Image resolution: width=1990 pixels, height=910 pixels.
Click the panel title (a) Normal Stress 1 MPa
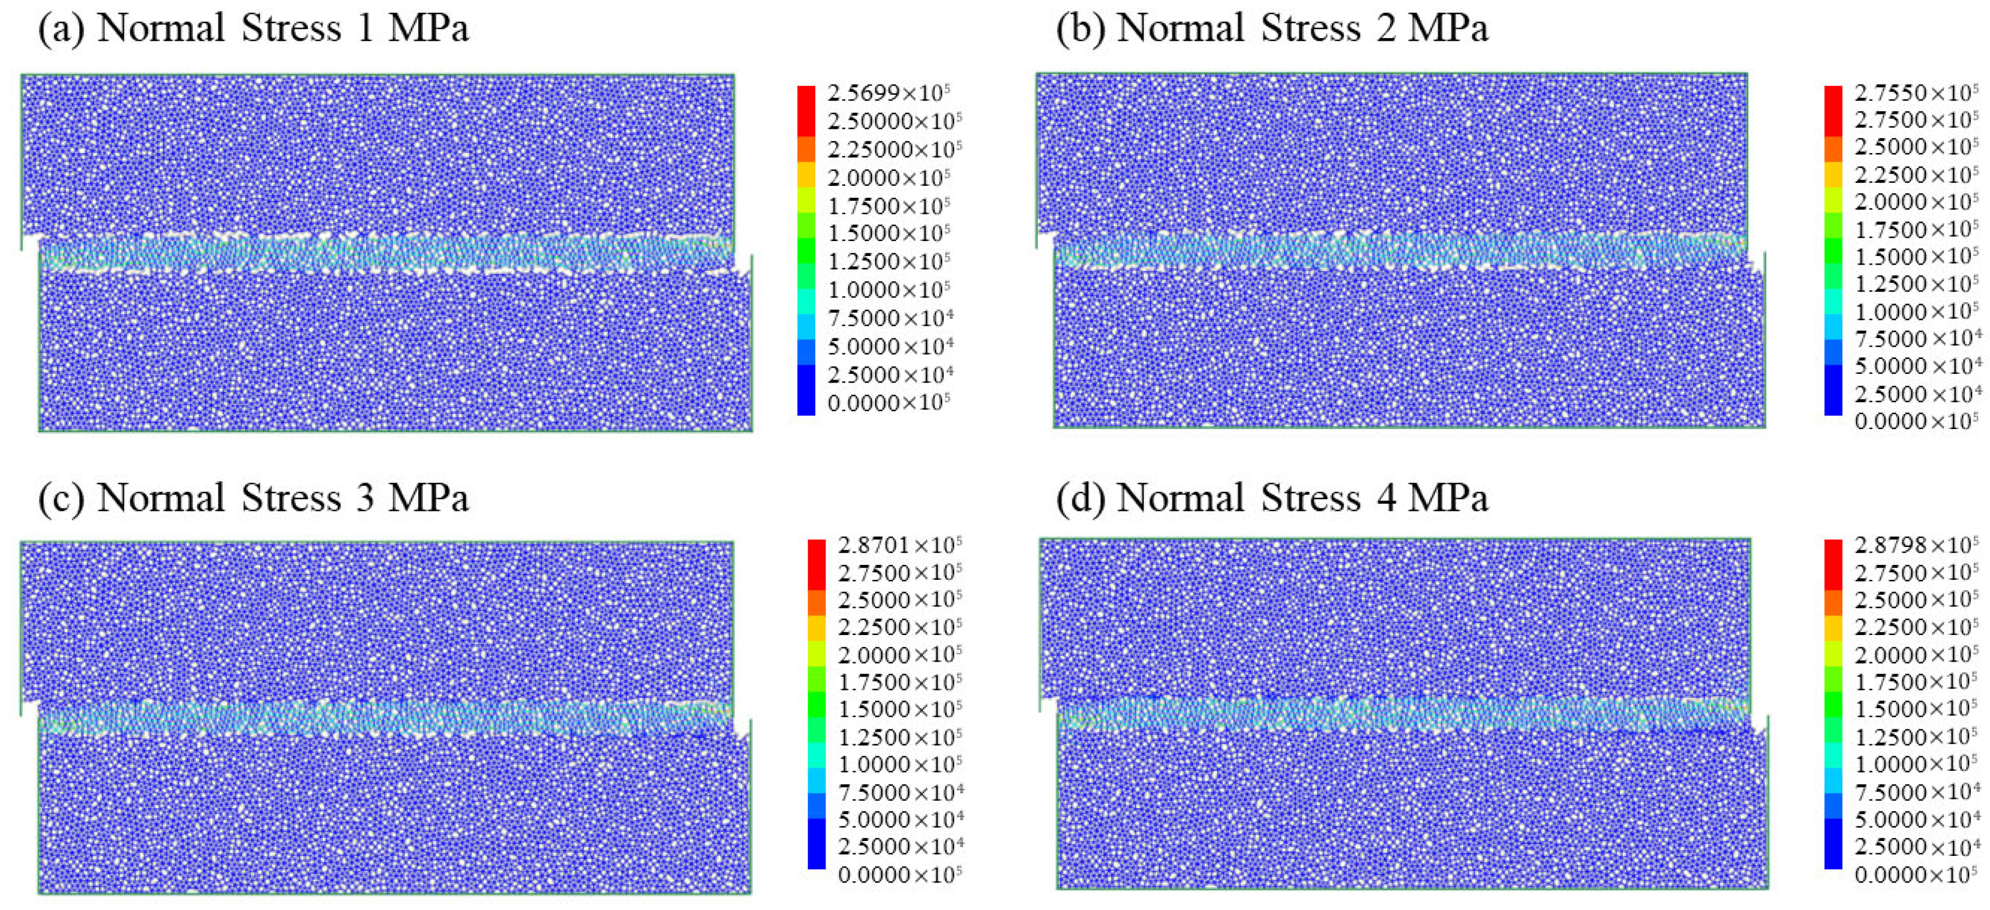tap(253, 29)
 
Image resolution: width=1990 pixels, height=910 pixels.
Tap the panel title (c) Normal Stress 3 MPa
tap(253, 497)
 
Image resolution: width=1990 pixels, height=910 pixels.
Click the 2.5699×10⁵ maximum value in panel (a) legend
tap(888, 93)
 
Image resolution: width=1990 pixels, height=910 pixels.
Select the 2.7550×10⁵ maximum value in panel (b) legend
tap(1916, 93)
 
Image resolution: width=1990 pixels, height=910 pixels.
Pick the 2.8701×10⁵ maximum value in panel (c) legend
tap(899, 545)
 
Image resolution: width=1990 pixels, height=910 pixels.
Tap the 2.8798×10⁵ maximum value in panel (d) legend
tap(1916, 545)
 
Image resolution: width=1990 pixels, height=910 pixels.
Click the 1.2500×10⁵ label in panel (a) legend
tap(888, 261)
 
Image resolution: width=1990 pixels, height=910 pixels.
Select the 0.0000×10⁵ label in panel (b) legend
tap(1916, 421)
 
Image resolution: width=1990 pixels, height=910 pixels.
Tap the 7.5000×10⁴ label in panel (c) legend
tap(899, 793)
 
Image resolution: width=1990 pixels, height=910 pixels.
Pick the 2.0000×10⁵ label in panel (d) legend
tap(1916, 655)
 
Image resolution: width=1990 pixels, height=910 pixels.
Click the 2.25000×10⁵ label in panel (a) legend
tap(894, 149)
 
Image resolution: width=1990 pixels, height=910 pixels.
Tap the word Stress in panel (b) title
tap(1310, 29)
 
